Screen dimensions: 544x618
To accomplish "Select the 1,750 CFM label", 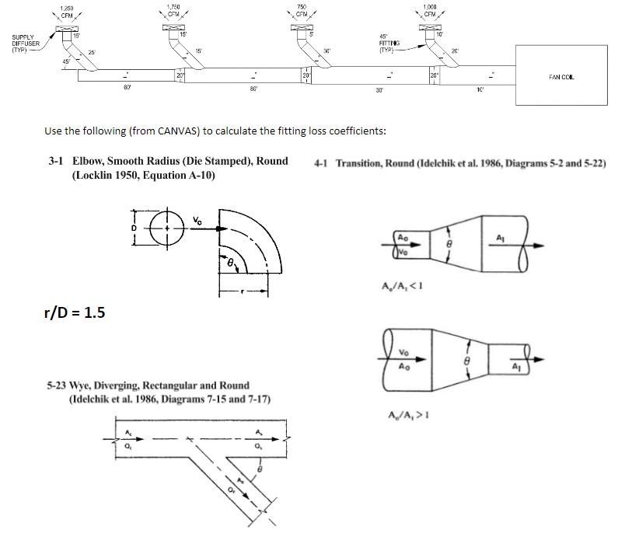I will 173,11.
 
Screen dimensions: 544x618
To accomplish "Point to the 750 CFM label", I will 301,11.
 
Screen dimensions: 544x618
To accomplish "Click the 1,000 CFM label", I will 429,11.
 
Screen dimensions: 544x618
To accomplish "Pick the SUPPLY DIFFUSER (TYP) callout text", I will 26,43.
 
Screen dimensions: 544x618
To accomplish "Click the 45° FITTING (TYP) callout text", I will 387,43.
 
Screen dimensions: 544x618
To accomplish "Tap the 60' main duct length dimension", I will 127,88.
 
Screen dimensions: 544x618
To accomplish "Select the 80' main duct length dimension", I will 253,88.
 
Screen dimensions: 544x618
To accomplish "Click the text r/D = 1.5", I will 75,312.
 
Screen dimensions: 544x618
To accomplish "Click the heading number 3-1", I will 55,161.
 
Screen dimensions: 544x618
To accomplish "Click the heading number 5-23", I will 55,385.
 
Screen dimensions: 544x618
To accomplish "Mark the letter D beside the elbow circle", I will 134,228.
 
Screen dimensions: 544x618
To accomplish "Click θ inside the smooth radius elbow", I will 231,265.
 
